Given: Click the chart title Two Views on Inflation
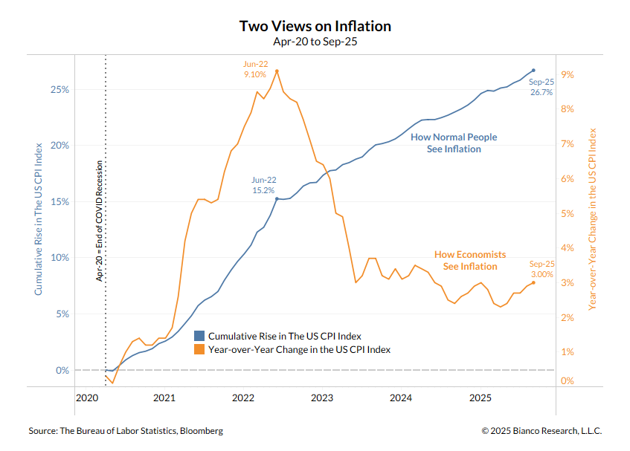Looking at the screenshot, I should pos(315,26).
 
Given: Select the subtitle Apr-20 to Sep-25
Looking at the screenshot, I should pos(315,42).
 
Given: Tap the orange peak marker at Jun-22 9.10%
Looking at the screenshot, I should pos(277,71).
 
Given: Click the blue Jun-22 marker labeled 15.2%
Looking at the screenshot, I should pos(277,199).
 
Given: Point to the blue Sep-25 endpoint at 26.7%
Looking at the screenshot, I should pos(533,71).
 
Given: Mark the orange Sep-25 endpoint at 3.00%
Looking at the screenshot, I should pos(533,282).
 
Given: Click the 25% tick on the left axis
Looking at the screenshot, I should pos(59,89).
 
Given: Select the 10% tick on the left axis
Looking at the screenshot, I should pos(59,258).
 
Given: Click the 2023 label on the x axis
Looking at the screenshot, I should pos(322,398).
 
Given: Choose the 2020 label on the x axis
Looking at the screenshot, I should pos(86,398).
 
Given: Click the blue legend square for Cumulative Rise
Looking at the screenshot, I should pos(199,336).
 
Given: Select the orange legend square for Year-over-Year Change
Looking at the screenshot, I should pos(199,348).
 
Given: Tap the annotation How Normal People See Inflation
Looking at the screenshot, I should pos(454,143).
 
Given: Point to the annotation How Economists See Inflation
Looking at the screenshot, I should pos(470,260).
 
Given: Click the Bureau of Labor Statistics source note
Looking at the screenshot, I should pos(126,431).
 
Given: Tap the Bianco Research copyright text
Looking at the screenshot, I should pos(541,431).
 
